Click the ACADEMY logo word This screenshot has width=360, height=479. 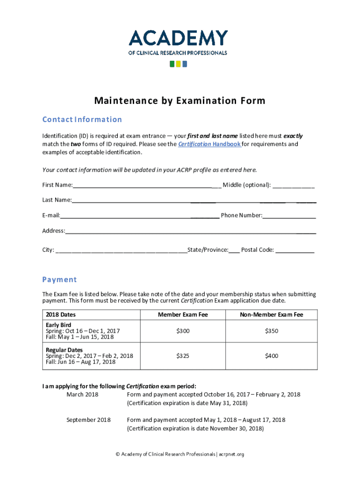(x=178, y=38)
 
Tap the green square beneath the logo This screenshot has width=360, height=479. (x=172, y=64)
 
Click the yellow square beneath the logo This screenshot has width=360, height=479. (x=178, y=64)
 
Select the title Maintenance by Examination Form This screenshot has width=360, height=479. (x=180, y=101)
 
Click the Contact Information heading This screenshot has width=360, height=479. (x=82, y=120)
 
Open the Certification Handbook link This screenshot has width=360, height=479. (x=209, y=144)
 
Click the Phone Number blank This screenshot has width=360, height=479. (x=289, y=216)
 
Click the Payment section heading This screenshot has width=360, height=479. (x=59, y=280)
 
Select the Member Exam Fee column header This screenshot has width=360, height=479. (x=183, y=315)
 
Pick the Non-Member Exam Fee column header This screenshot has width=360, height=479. (x=271, y=315)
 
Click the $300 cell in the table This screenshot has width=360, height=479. (x=183, y=331)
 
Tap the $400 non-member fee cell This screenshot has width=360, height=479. (x=271, y=356)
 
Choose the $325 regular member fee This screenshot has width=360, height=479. (x=183, y=356)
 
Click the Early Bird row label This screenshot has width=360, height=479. (x=58, y=325)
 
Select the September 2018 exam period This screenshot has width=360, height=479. (x=88, y=420)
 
